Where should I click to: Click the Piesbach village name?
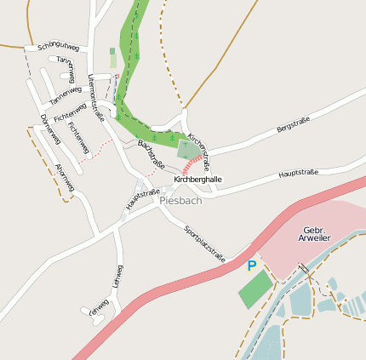180,201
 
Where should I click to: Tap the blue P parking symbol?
251,266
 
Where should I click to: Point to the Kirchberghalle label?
197,180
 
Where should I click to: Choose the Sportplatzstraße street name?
205,244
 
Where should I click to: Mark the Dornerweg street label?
48,127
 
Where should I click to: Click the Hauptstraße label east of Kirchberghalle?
298,174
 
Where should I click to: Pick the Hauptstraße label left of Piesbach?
142,200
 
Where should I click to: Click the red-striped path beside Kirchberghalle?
194,164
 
